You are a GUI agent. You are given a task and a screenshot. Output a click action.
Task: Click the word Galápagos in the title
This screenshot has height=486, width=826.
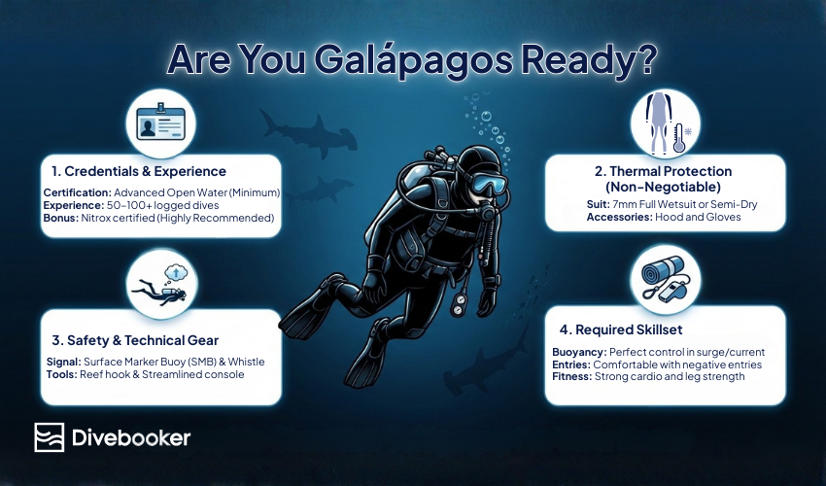pos(414,60)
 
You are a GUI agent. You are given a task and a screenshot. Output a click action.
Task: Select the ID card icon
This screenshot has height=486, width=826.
pos(160,124)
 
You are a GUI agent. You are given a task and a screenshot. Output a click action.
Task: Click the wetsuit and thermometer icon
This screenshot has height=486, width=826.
pos(666,123)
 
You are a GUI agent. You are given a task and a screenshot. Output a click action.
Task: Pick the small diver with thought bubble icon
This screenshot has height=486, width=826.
pos(160,285)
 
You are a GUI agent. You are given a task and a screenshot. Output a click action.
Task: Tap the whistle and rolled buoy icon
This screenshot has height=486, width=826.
pos(665,279)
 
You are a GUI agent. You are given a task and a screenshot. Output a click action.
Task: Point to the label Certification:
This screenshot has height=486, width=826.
pos(78,192)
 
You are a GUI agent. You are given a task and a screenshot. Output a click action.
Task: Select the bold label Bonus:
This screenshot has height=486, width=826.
pos(60,218)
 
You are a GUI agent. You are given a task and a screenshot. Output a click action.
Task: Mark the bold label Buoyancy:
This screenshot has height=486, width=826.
pos(579,353)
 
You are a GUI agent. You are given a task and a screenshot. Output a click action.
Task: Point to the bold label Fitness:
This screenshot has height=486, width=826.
pos(572,377)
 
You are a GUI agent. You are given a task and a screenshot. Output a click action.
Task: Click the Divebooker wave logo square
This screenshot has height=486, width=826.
pos(49,437)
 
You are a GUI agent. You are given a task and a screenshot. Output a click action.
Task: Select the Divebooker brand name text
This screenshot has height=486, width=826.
pos(131,437)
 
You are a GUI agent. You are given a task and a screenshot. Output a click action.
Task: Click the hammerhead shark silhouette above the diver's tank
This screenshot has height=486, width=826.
pos(308,133)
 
